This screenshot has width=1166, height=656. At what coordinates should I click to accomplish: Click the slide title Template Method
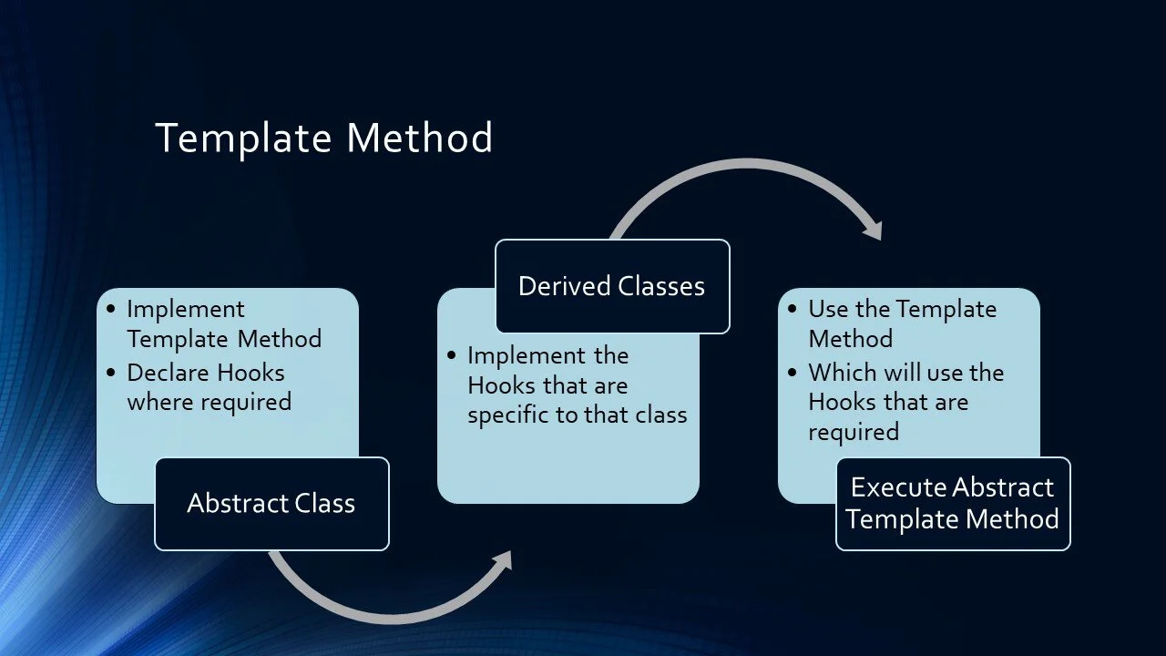pos(323,138)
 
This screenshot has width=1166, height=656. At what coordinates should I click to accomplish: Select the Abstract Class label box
pos(271,504)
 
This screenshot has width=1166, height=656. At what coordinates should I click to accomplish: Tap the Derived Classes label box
pos(611,286)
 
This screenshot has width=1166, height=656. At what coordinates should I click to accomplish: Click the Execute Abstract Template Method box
pos(953,504)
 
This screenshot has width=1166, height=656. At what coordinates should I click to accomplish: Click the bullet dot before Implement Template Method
pos(110,309)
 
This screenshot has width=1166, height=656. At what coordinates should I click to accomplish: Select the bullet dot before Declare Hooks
pos(110,373)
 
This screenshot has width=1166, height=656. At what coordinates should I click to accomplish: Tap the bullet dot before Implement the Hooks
pos(451,355)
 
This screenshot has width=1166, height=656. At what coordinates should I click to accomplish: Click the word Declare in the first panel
pos(160,373)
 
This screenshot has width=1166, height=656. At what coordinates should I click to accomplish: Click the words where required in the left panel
pos(209,402)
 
